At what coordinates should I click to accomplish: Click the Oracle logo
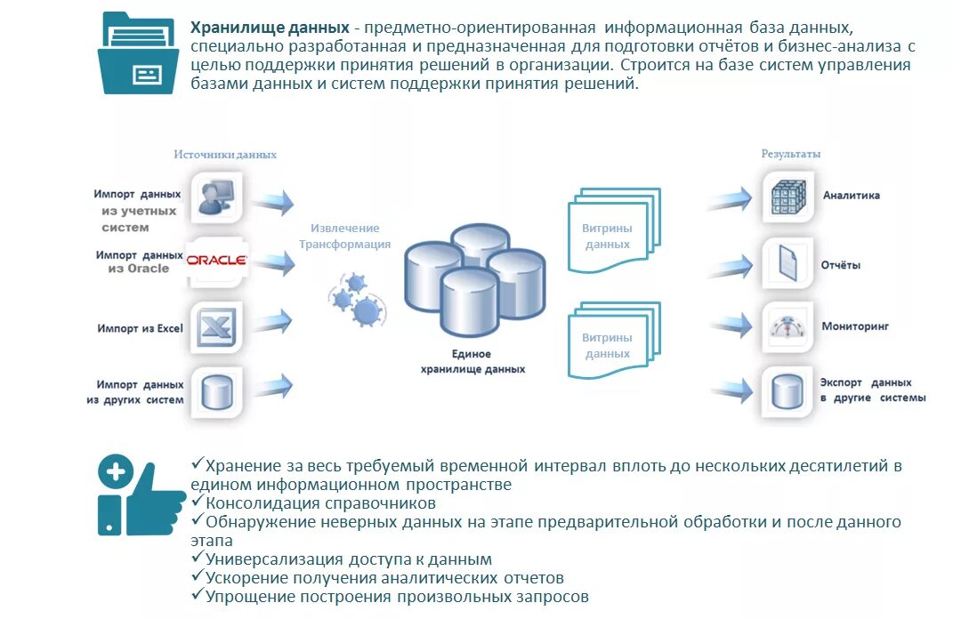(x=216, y=261)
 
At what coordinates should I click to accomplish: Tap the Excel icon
(x=216, y=326)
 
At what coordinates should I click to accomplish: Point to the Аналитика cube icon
(x=787, y=196)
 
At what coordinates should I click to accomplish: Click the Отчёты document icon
(x=787, y=263)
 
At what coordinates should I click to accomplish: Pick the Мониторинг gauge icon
(x=787, y=327)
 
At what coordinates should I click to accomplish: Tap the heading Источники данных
(x=225, y=154)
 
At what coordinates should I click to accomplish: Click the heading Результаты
(x=790, y=154)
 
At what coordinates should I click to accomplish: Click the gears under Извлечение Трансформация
(x=356, y=298)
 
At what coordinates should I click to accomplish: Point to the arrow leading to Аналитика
(x=730, y=197)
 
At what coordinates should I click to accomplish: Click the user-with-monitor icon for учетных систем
(x=216, y=197)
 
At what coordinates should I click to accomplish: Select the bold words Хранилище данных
(x=270, y=28)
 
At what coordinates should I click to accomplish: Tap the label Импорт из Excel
(x=140, y=328)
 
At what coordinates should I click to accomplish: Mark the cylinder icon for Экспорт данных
(x=787, y=391)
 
